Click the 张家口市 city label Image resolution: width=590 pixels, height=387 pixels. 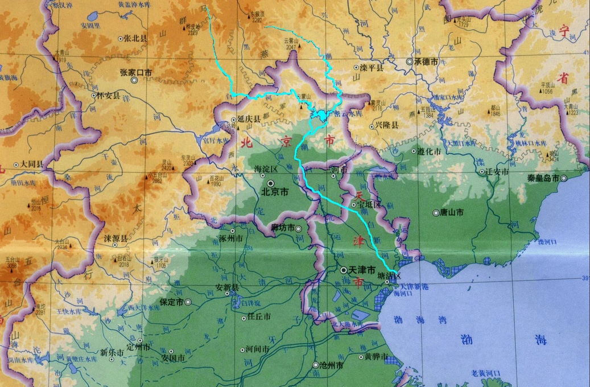(x=135, y=72)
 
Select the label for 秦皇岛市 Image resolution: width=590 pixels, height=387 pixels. (x=543, y=178)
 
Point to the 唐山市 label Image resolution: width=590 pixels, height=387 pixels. (x=452, y=212)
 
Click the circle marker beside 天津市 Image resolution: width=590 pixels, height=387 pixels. (x=344, y=269)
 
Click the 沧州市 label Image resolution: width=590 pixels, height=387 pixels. (x=332, y=365)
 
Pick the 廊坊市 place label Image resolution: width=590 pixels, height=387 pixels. (x=282, y=228)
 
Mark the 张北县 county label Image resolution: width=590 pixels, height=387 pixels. (x=136, y=39)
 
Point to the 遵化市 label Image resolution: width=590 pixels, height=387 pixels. (x=429, y=151)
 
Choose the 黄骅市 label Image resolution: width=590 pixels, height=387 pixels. (x=376, y=357)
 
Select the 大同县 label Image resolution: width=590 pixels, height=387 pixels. (x=32, y=164)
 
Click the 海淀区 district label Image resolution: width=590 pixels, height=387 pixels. (x=265, y=169)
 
